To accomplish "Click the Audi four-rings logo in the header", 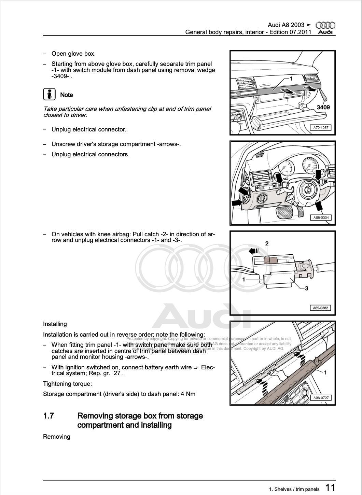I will coord(325,25).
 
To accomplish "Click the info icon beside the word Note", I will coord(49,94).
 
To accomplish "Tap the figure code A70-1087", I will coord(321,128).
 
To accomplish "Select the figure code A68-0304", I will coord(321,217).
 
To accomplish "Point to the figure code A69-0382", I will coord(321,308).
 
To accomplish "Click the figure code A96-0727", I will coord(321,398).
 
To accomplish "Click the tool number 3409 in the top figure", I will coord(323,107).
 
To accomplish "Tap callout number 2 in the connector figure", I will coord(267,243).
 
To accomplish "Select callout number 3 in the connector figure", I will coord(306,288).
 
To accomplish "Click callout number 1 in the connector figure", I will coord(243,279).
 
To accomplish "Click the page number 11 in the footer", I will coord(330,487).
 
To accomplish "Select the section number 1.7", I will coord(48,416).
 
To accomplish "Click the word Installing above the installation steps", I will coord(55,324).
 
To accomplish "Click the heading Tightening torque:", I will coord(67,384).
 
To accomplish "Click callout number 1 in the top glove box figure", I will coord(291,79).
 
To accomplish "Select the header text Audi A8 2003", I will coord(286,25).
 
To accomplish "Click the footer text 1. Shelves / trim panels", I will coord(294,489).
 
